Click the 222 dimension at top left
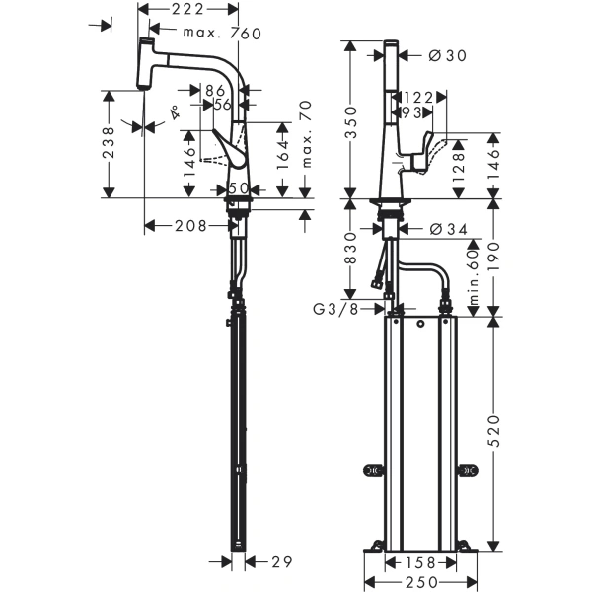(188, 9)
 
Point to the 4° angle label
(176, 111)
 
